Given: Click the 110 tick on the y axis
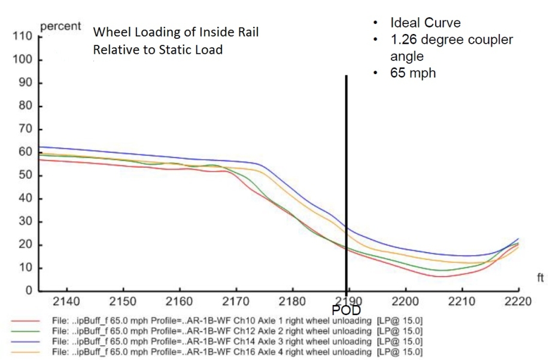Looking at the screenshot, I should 22,36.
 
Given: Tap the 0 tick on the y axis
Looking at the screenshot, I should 28,291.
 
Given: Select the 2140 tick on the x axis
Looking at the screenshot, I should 66,300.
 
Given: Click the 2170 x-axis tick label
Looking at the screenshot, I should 236,300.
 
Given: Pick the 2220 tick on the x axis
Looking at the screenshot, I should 518,300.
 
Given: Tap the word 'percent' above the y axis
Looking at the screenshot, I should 60,27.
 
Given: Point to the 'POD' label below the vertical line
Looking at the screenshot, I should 346,310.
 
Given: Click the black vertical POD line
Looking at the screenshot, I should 346,179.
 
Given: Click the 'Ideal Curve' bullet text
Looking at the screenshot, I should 426,23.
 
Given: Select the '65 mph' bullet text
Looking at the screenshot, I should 413,74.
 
